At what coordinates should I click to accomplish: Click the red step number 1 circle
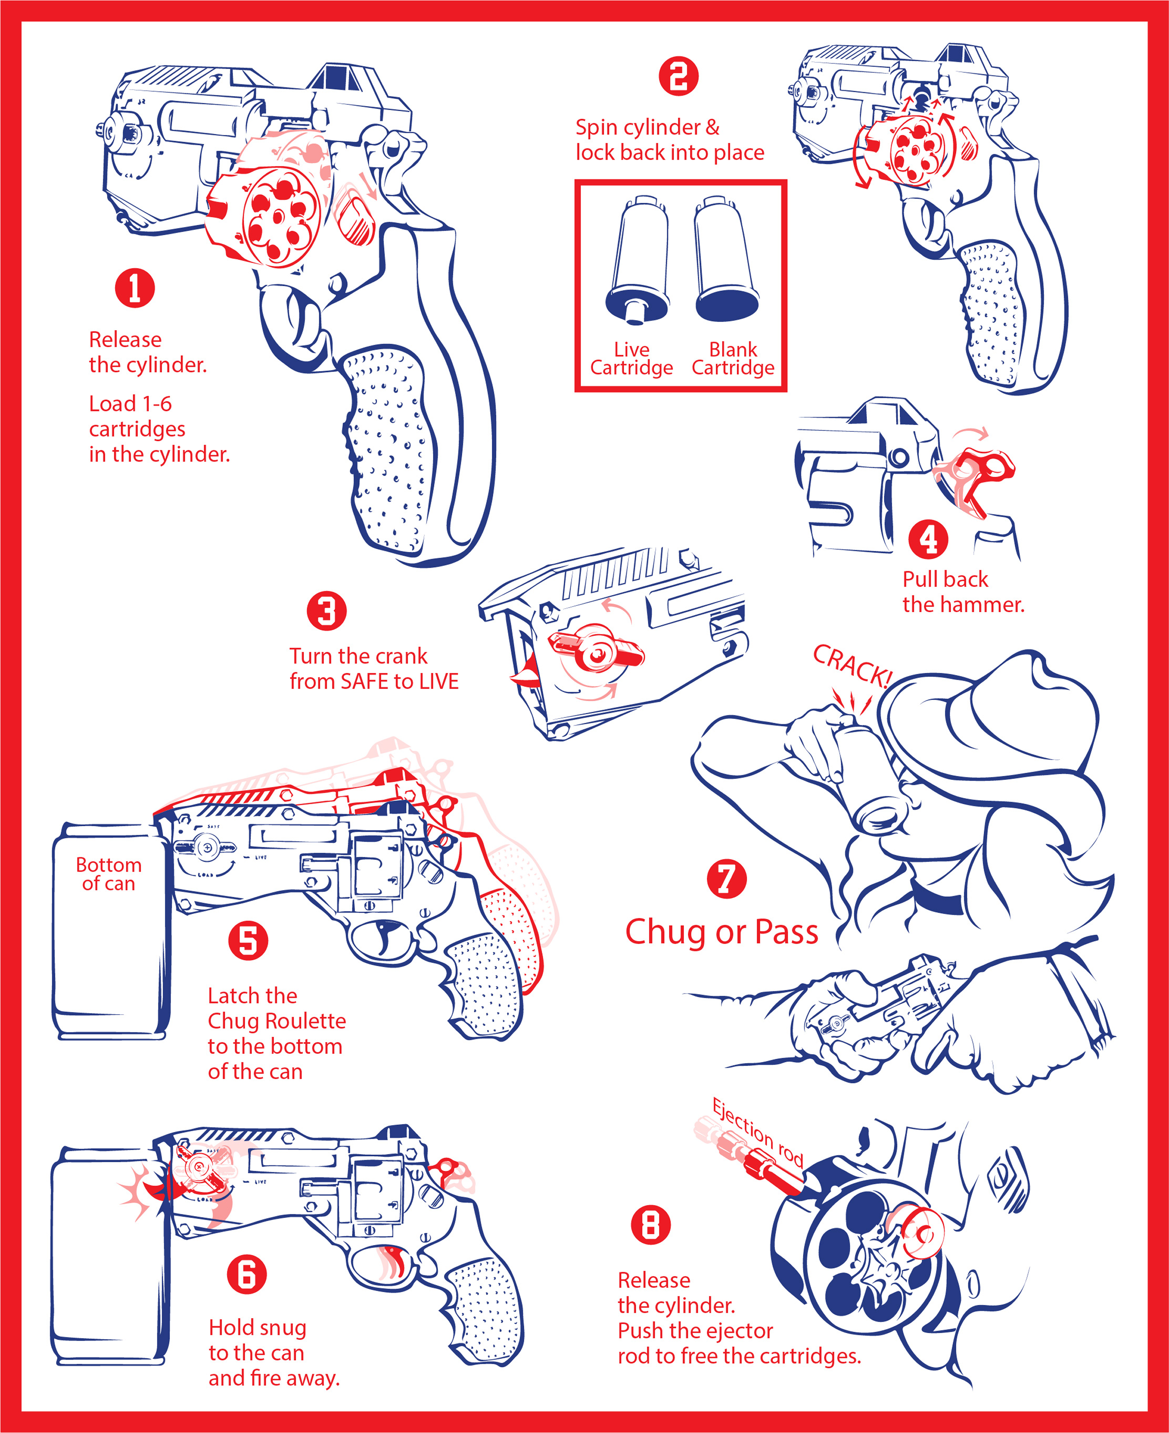[135, 288]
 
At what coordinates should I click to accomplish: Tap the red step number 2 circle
[678, 76]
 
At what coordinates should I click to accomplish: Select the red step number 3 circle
[326, 611]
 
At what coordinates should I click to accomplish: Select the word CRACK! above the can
[852, 665]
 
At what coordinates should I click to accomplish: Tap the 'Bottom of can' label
[108, 874]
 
